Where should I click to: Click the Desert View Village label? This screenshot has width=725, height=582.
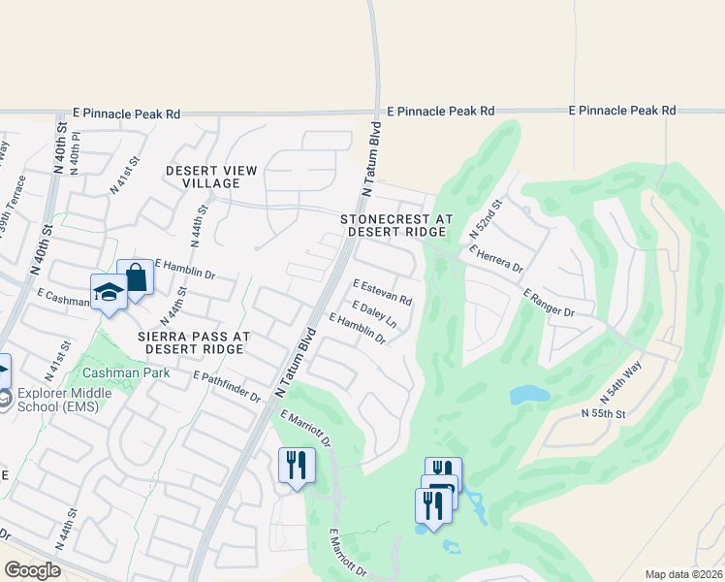pyautogui.click(x=211, y=177)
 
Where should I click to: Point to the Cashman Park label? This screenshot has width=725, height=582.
pyautogui.click(x=126, y=372)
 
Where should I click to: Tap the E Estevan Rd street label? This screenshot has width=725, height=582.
pyautogui.click(x=383, y=293)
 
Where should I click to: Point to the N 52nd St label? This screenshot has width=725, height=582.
pyautogui.click(x=487, y=220)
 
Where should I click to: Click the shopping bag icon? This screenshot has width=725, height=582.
pyautogui.click(x=136, y=278)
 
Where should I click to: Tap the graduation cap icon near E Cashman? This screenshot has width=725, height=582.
pyautogui.click(x=110, y=292)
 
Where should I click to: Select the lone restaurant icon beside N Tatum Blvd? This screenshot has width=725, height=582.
pyautogui.click(x=297, y=464)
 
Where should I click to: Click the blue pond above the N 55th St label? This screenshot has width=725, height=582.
pyautogui.click(x=529, y=395)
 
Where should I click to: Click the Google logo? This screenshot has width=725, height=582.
pyautogui.click(x=32, y=570)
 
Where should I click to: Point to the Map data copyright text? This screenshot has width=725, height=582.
pyautogui.click(x=682, y=574)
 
